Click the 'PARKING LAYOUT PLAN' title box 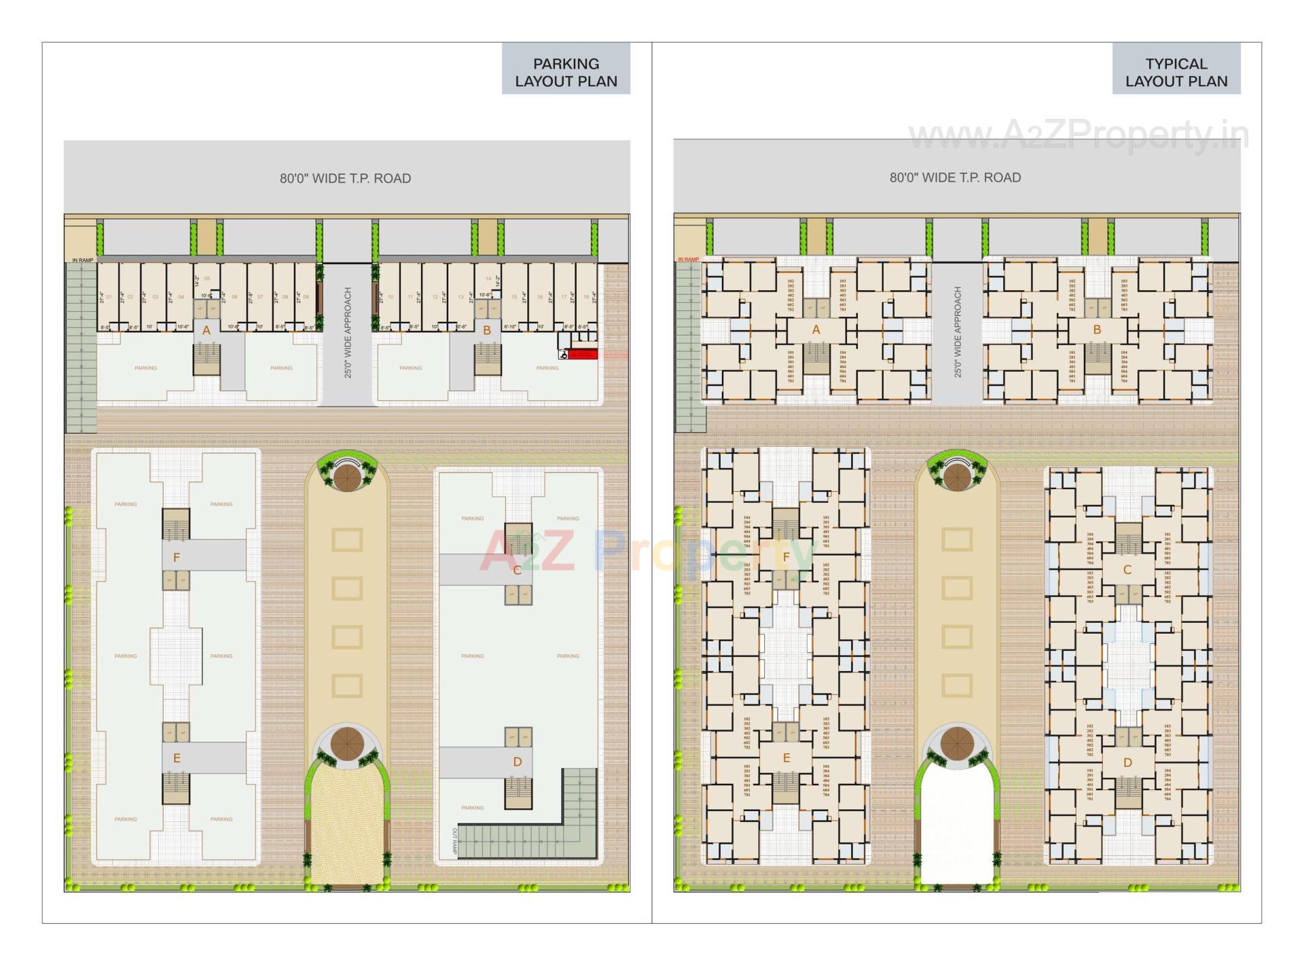coord(566,72)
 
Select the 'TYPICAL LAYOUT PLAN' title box coord(1176,72)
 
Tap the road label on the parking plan coord(345,179)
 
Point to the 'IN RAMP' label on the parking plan coord(82,260)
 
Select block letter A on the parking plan coord(206,331)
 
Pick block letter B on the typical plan coord(1097,330)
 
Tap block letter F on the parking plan coord(177,558)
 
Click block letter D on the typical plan coord(1127,763)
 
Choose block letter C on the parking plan coord(517,570)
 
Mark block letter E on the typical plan coord(786,758)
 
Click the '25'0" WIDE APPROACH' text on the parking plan coord(348,332)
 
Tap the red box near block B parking coord(583,354)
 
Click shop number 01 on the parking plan coord(109,297)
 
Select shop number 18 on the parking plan coord(586,297)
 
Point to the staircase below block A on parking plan coord(206,359)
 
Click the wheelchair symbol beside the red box coord(563,354)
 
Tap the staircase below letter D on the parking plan coord(518,792)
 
